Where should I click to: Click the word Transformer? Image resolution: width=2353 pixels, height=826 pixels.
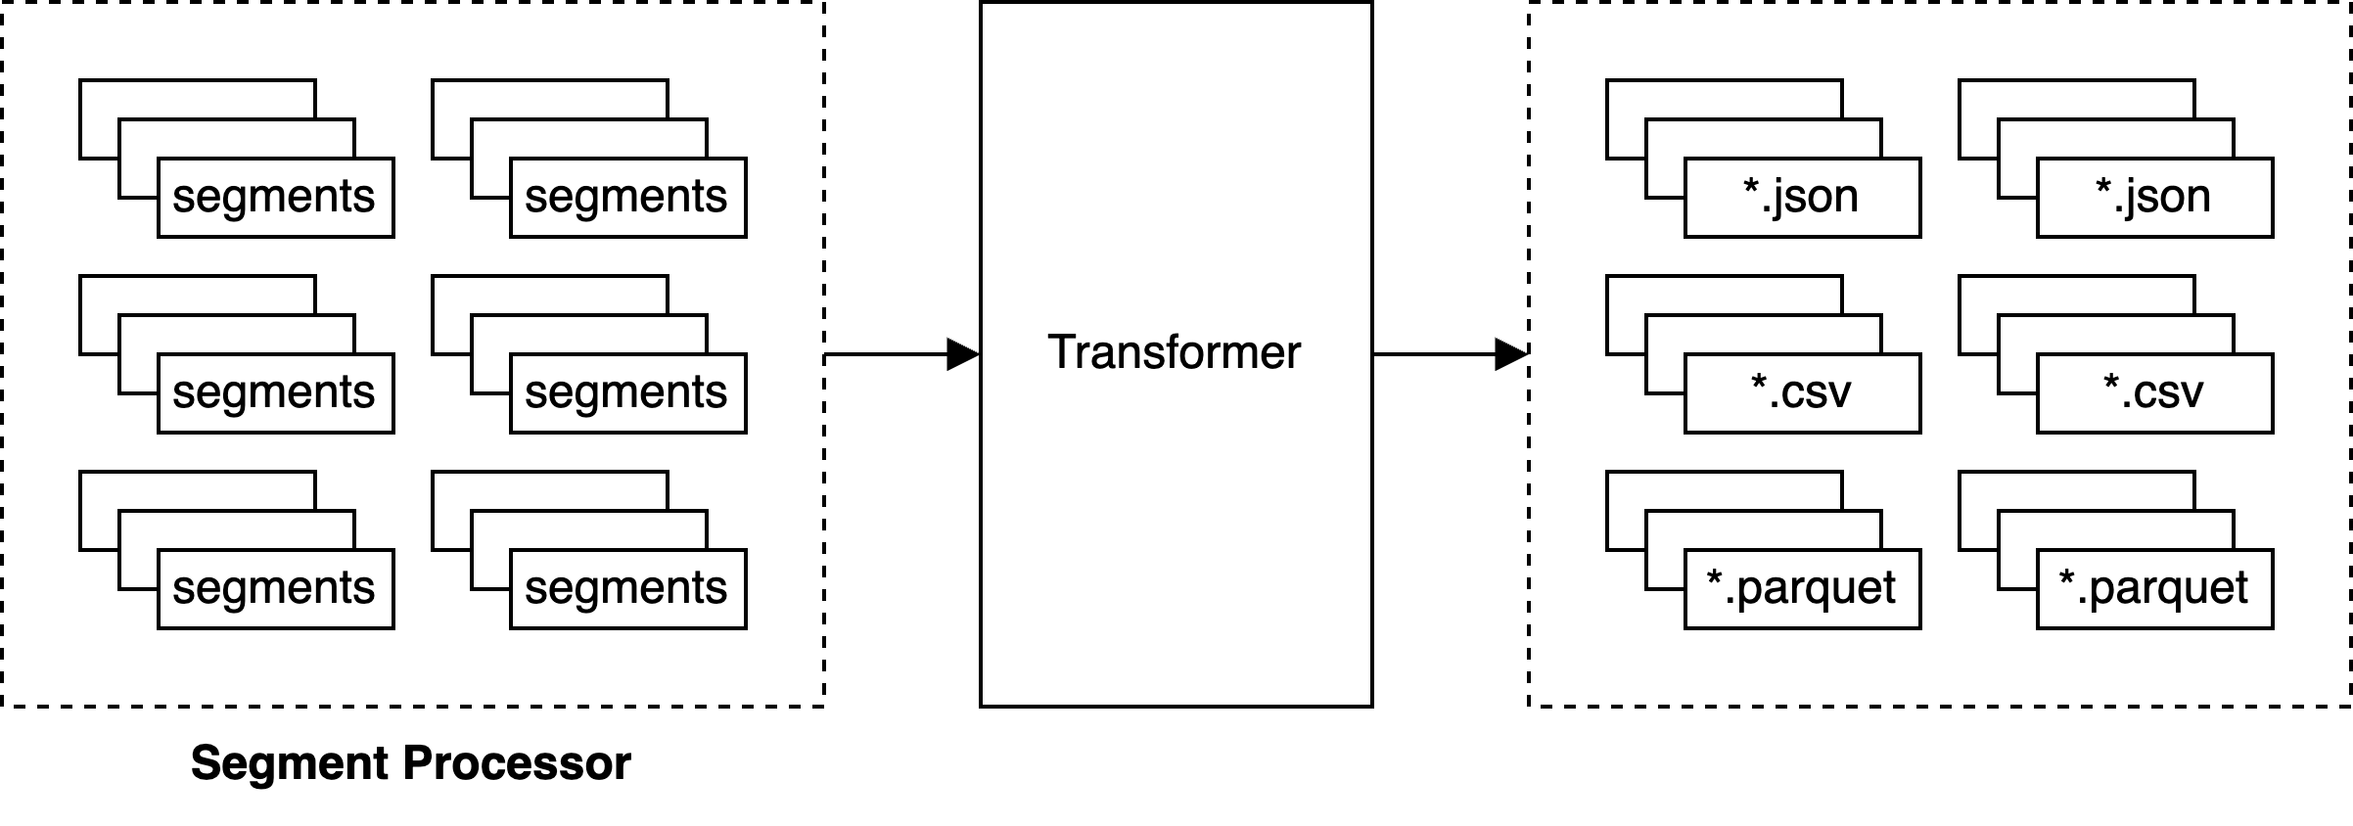1175,352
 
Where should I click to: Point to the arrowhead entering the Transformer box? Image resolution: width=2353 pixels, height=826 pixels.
963,354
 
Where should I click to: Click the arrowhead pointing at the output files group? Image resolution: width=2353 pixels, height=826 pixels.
1511,354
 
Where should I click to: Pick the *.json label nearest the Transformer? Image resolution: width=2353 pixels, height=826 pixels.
1801,197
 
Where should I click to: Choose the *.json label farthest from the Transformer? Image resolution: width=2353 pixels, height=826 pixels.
2153,197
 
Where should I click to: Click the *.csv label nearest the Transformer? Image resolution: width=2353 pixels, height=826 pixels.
1801,392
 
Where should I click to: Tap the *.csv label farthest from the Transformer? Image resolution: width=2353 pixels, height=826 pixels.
2153,392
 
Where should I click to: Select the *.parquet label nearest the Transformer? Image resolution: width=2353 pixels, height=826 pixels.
1801,588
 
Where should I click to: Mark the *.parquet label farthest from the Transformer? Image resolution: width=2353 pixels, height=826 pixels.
2153,588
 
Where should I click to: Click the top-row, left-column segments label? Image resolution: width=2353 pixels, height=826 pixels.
274,197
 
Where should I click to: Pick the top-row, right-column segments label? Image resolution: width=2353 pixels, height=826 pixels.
626,197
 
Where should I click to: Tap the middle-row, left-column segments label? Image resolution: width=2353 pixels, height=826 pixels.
274,392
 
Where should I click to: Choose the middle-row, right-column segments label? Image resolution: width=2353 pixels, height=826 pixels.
626,392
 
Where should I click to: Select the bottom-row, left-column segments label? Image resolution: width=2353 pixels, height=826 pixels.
274,588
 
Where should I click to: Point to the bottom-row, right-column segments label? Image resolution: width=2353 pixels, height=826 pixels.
626,588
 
